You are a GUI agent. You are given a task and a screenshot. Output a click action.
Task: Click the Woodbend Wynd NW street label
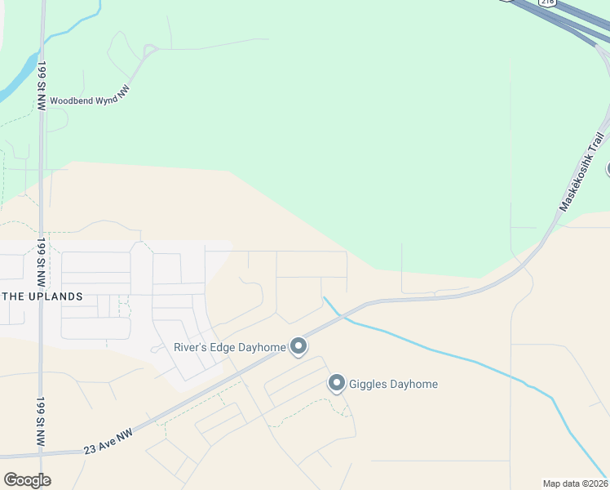[x=90, y=99]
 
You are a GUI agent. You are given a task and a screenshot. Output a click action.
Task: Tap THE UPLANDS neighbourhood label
[x=42, y=296]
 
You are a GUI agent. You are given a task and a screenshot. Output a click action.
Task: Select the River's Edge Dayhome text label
[x=229, y=347]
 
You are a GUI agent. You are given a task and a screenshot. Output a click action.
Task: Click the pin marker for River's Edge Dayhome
[x=298, y=347]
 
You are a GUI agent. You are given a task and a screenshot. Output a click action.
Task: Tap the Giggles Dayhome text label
[x=394, y=384]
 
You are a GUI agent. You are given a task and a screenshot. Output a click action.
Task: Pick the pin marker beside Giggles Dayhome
[x=337, y=383]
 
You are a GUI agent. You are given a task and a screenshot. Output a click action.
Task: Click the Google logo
[x=28, y=480]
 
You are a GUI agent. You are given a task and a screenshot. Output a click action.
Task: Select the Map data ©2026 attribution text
[x=576, y=483]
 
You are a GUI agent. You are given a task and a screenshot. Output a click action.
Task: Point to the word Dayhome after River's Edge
[x=263, y=347]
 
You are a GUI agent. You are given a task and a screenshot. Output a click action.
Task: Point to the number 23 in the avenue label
[x=91, y=449]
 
